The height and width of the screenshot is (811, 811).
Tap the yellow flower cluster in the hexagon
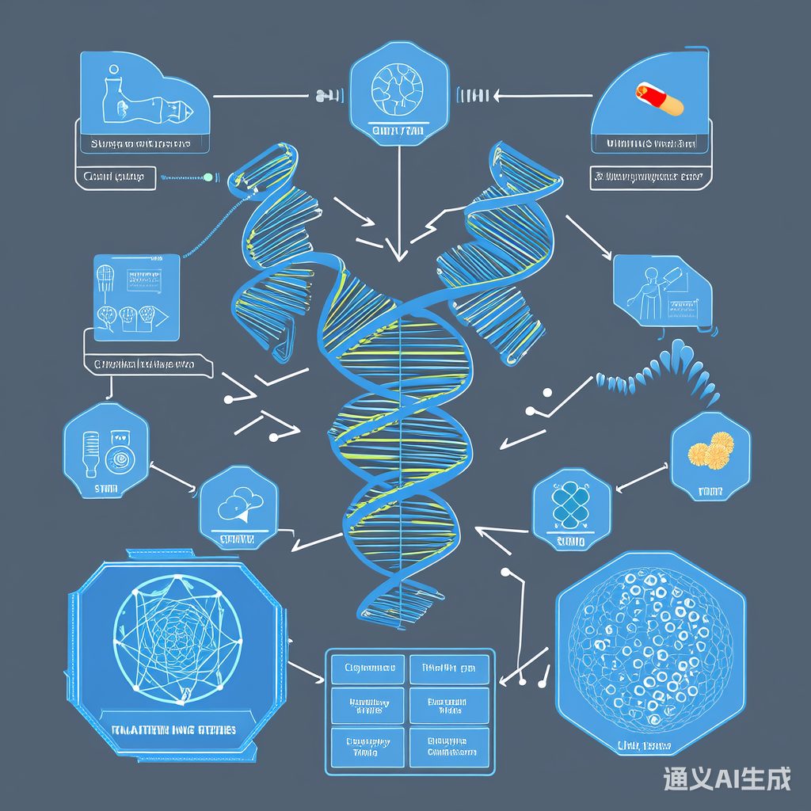710,452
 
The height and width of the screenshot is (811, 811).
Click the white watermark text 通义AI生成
727,779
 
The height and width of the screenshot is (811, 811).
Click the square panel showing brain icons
136,297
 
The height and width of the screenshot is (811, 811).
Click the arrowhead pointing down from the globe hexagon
399,253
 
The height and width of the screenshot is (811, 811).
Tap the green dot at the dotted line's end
208,177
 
